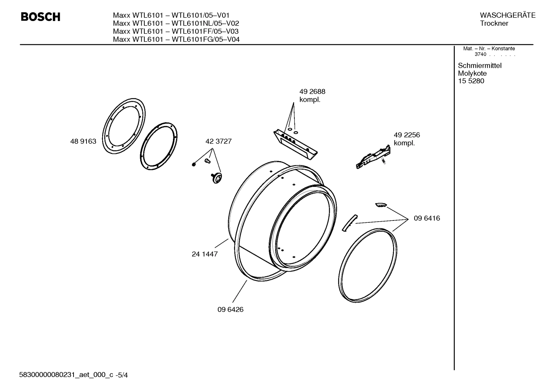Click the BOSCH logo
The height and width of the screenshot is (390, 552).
click(x=40, y=17)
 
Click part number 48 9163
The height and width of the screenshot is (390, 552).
click(x=83, y=141)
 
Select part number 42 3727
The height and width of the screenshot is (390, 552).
click(x=218, y=141)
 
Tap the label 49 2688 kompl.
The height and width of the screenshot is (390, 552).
click(x=312, y=96)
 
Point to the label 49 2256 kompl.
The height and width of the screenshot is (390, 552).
click(x=407, y=139)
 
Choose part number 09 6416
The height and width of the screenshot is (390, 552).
click(x=426, y=218)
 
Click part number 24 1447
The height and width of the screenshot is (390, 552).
click(x=204, y=254)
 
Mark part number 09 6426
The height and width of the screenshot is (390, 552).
click(x=230, y=309)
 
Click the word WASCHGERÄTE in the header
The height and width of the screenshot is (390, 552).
click(x=507, y=15)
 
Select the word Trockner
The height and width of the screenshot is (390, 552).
click(x=494, y=23)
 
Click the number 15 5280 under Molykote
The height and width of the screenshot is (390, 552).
click(x=470, y=81)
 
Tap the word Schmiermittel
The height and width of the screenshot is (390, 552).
click(x=479, y=65)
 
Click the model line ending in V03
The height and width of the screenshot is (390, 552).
click(x=176, y=31)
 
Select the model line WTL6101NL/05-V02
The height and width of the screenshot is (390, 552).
click(x=176, y=23)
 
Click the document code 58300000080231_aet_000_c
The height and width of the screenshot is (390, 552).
click(x=66, y=375)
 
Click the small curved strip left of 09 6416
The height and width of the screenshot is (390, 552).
click(x=349, y=222)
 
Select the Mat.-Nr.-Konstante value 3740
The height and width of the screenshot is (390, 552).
click(x=480, y=54)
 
